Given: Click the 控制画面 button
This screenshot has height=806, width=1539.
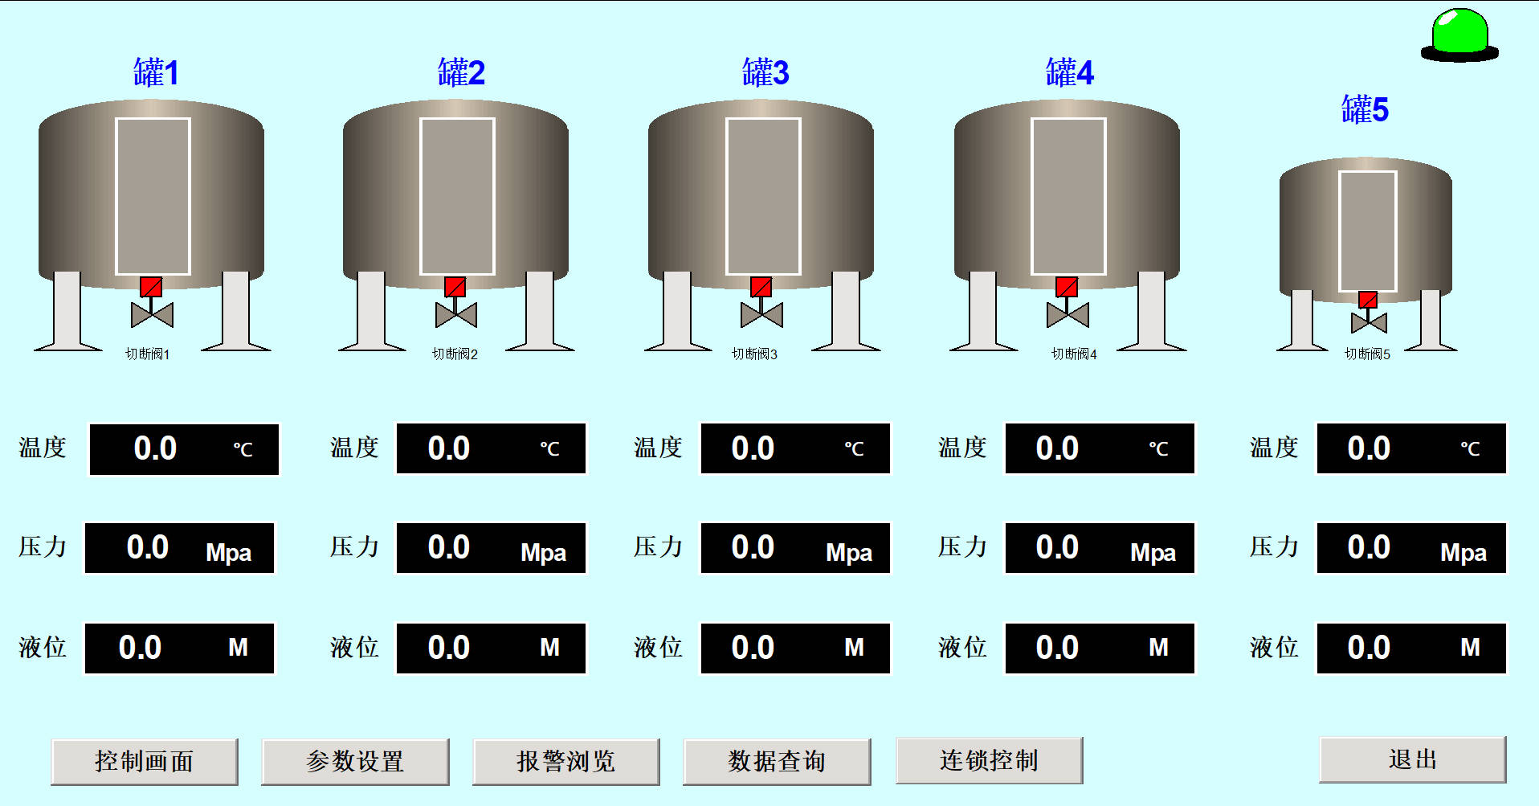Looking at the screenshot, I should click(145, 761).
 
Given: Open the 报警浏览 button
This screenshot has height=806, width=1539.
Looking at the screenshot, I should click(566, 761).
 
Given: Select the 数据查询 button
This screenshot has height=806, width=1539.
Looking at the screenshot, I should click(777, 761).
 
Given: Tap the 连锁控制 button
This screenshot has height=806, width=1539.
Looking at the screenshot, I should click(989, 760).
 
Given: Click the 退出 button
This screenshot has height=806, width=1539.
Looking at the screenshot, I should click(1412, 759).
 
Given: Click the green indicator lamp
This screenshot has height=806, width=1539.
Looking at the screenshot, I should click(1459, 34).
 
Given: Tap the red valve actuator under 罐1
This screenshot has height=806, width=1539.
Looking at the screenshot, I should click(151, 287).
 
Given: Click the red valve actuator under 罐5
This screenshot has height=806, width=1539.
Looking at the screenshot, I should click(1368, 300).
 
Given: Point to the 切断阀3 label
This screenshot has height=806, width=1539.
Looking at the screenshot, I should click(754, 354).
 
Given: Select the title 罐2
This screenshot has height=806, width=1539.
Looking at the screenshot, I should click(461, 73).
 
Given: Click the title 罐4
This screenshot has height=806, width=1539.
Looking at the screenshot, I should click(1069, 73).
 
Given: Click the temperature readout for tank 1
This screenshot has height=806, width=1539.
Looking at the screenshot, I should click(184, 449).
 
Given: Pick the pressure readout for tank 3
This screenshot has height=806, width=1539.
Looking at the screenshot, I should click(795, 548).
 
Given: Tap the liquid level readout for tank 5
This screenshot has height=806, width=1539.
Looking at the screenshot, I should click(1410, 648).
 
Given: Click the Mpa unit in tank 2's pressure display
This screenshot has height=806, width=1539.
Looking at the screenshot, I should click(543, 553).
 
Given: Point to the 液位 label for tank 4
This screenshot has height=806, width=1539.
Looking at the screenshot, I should click(962, 647).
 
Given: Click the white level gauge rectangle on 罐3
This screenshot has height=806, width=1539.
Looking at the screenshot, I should click(763, 197).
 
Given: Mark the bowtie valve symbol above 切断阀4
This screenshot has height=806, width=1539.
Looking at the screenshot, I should click(1068, 315).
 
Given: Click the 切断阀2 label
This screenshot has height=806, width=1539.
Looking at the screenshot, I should click(455, 354).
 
